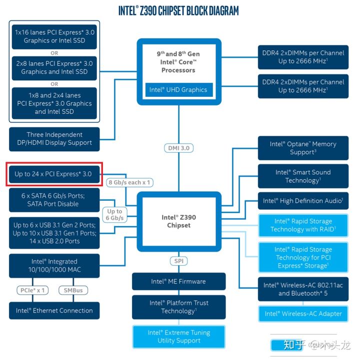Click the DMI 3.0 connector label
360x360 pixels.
(178, 148)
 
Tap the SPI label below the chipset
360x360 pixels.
(178, 261)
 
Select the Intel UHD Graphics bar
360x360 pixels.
(179, 90)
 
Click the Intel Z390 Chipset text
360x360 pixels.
(179, 221)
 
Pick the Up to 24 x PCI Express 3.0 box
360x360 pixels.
(54, 174)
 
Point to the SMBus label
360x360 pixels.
(73, 290)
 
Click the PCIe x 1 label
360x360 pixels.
(32, 290)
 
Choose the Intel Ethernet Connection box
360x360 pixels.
(54, 311)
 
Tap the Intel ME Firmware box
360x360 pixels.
(178, 282)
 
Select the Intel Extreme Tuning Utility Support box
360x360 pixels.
(178, 337)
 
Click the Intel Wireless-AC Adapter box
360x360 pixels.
(303, 314)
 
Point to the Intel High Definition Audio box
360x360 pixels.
(303, 201)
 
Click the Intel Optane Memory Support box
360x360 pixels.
(303, 148)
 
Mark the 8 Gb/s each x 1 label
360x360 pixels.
(129, 183)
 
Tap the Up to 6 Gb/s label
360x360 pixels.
(114, 214)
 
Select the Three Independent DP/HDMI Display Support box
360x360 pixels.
(54, 139)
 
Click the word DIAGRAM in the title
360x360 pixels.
(222, 11)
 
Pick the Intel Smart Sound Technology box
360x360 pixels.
(303, 176)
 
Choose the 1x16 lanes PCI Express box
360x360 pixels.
(54, 37)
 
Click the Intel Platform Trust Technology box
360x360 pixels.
(178, 307)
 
